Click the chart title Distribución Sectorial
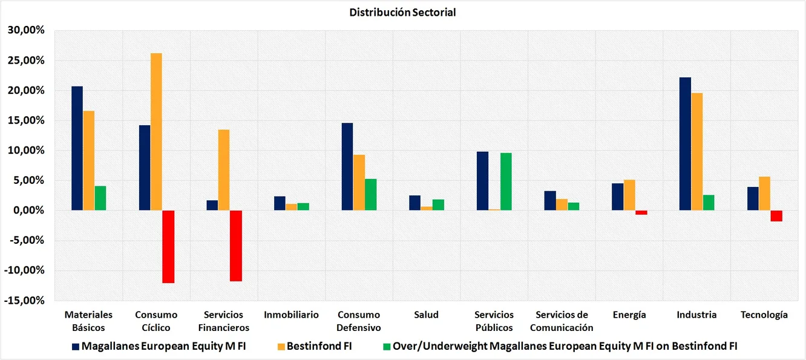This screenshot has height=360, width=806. click(402, 12)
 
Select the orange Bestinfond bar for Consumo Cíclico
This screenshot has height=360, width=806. click(156, 132)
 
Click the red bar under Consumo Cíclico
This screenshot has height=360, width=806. click(168, 246)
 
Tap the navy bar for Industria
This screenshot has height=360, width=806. click(685, 144)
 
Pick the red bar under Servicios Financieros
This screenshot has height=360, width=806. click(236, 246)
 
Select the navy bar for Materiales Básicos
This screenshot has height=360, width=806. click(77, 148)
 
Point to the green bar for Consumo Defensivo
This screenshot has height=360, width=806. click(371, 194)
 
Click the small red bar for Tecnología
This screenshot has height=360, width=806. click(776, 215)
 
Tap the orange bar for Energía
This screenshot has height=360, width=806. click(629, 195)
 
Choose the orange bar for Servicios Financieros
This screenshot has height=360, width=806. click(224, 170)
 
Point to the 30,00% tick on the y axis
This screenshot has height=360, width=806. click(25, 30)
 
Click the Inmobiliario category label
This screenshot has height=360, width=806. click(291, 315)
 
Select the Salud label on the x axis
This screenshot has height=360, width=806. click(427, 315)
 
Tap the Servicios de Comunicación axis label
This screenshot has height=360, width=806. click(562, 321)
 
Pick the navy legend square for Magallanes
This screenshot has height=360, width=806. click(75, 347)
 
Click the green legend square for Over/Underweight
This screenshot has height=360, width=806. click(387, 347)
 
